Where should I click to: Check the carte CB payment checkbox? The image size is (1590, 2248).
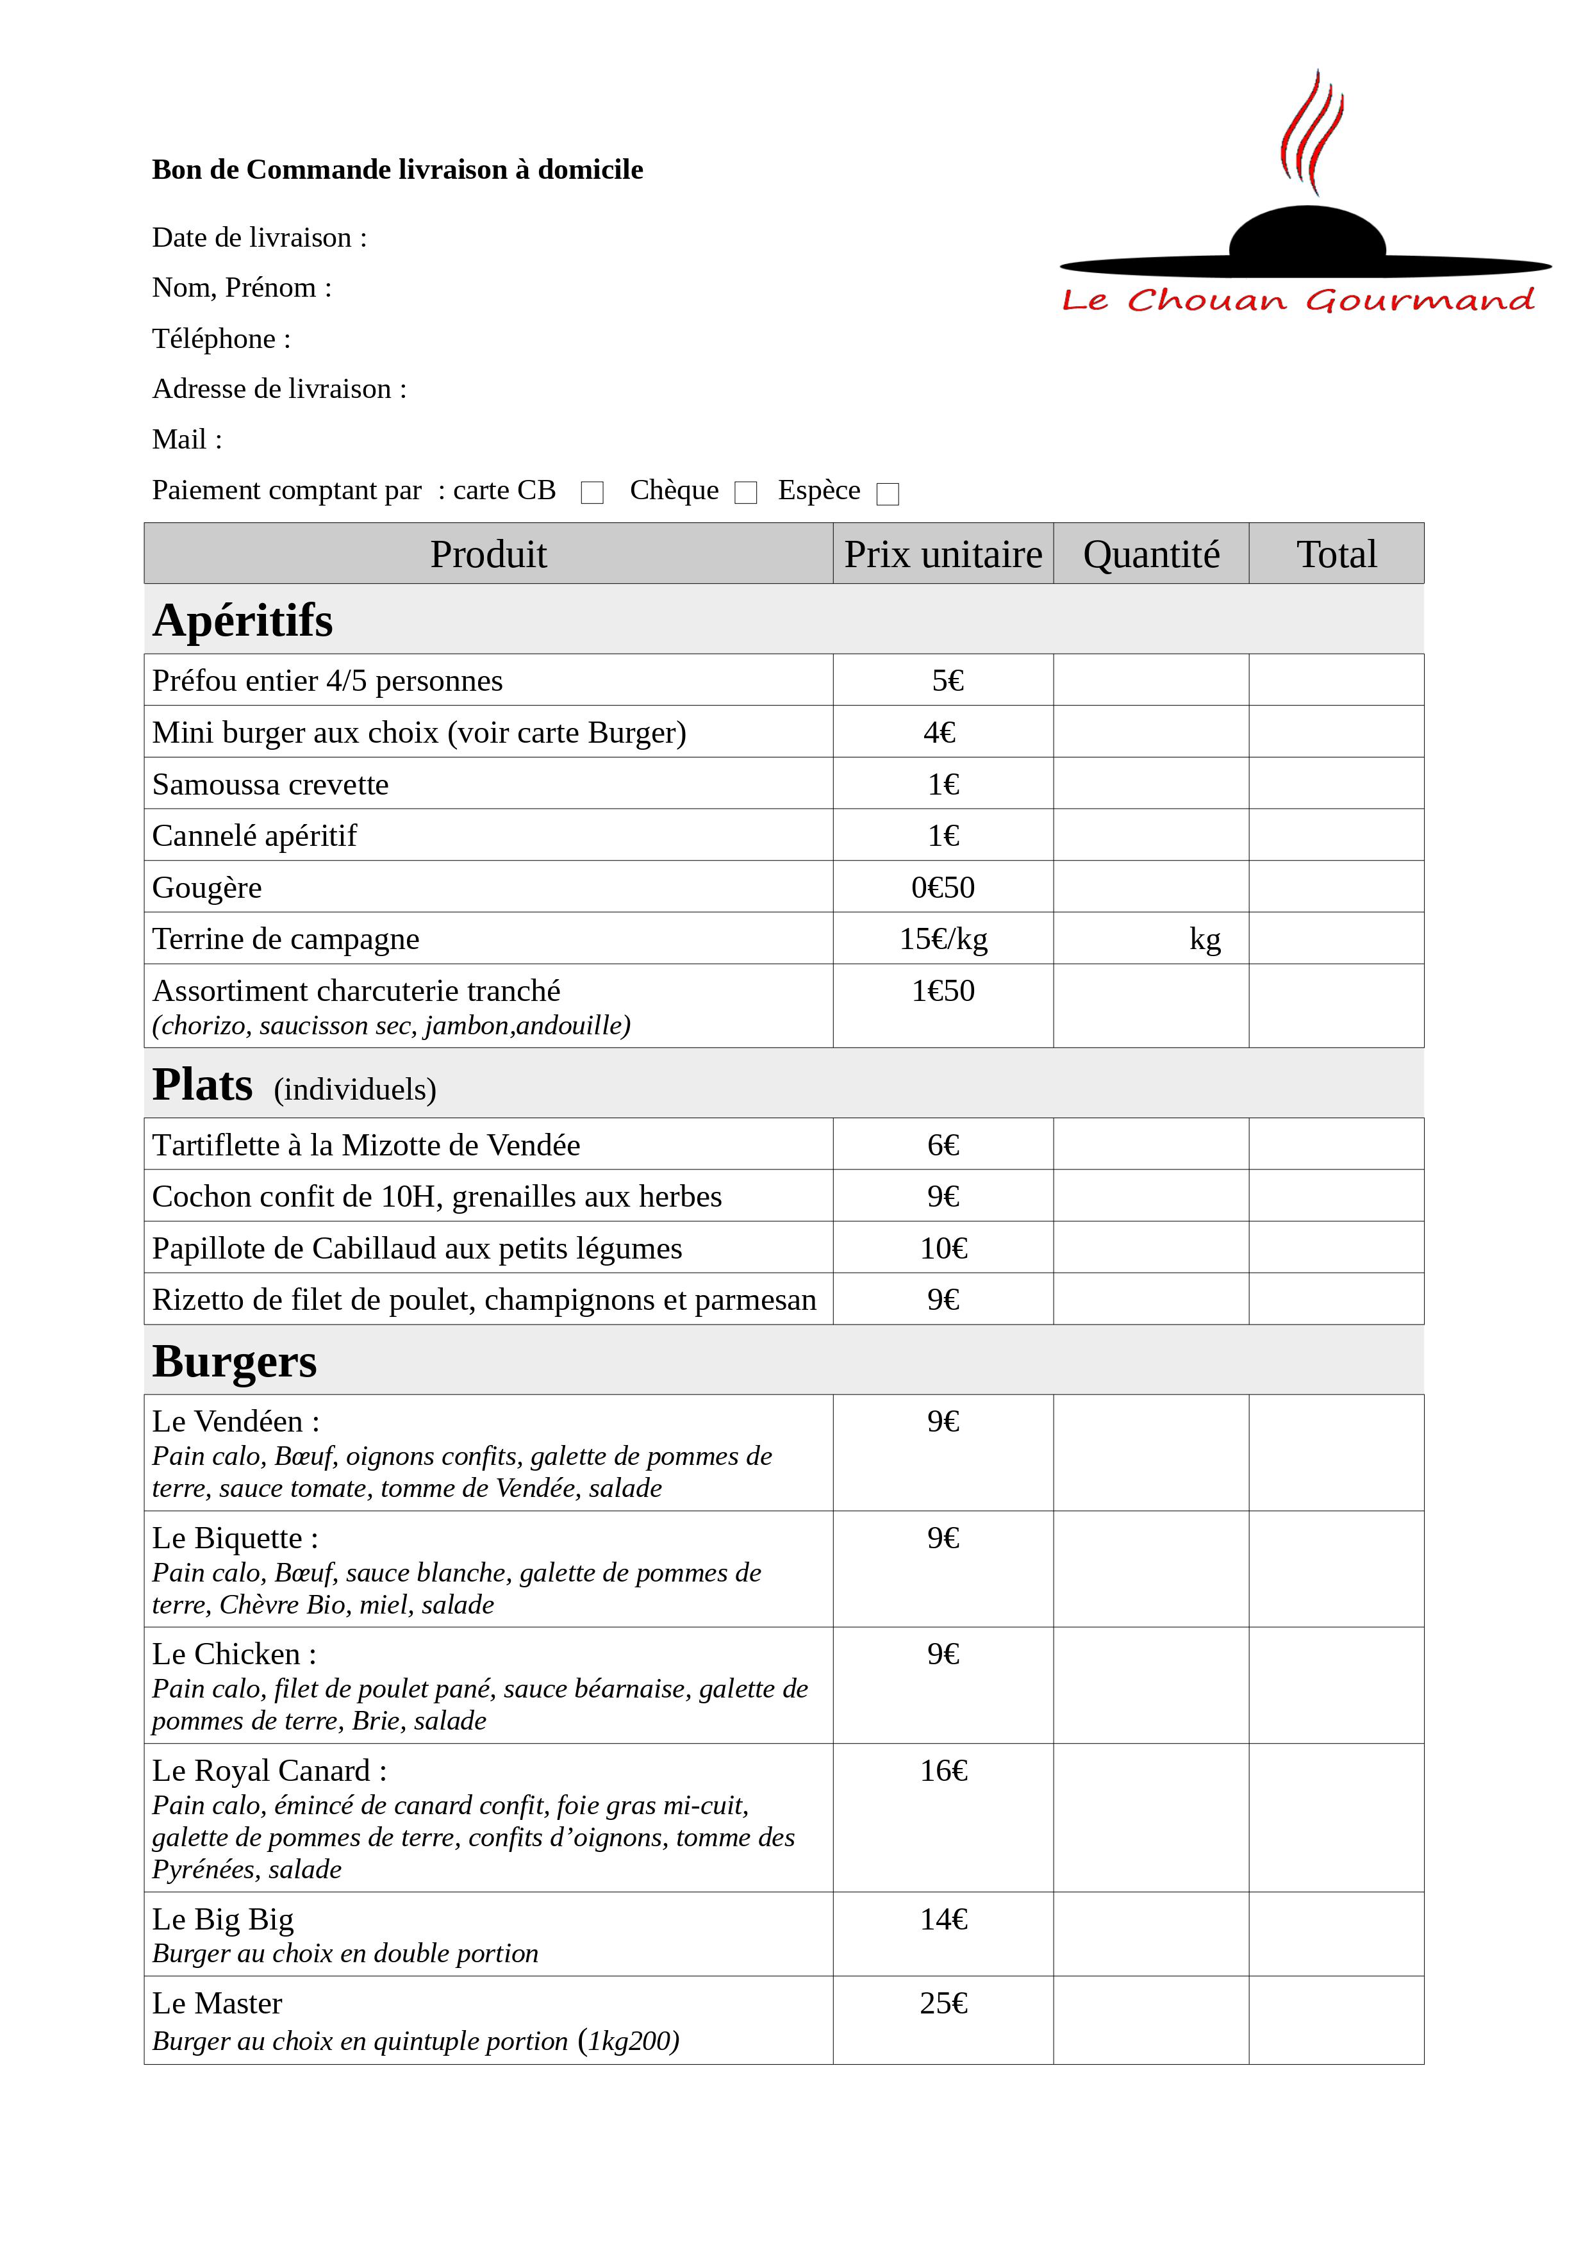click(592, 493)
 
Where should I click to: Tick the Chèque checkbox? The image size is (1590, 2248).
click(746, 493)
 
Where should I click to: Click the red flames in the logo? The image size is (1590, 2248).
click(1311, 132)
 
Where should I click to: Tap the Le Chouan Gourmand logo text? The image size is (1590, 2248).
click(1298, 300)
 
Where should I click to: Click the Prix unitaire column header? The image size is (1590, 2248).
click(943, 554)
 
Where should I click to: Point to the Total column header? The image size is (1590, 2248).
click(1336, 554)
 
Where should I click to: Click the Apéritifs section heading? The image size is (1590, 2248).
click(243, 620)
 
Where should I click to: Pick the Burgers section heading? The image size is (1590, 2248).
click(235, 1361)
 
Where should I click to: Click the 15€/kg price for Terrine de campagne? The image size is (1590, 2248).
click(943, 939)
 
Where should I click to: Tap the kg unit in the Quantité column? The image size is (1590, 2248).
click(1204, 939)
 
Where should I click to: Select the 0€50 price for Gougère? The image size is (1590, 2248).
click(943, 887)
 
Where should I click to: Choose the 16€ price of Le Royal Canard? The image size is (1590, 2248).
click(943, 1770)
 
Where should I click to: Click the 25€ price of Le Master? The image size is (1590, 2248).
click(943, 2003)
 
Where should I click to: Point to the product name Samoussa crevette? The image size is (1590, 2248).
click(270, 784)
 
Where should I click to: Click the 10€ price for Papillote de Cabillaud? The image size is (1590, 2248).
click(943, 1248)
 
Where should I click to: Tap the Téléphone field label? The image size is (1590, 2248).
click(221, 339)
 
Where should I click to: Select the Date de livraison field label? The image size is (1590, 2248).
click(260, 238)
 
